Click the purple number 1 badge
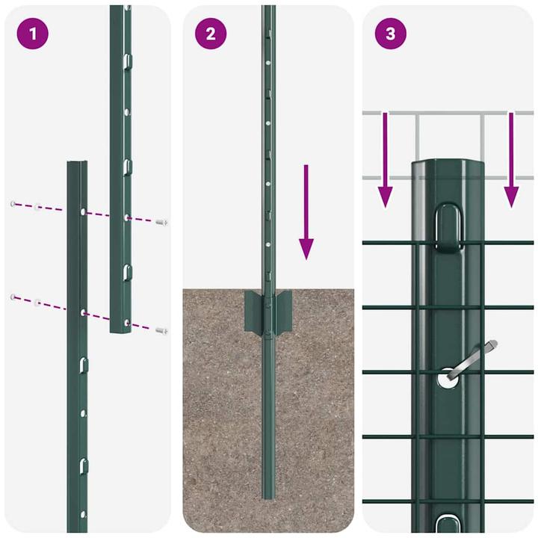[x=32, y=34]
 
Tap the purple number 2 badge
[x=211, y=34]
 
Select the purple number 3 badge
[x=390, y=34]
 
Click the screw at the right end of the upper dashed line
[x=161, y=222]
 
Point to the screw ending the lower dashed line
[x=161, y=330]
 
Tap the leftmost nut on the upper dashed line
[x=13, y=203]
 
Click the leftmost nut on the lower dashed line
[x=13, y=297]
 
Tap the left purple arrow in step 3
[x=385, y=160]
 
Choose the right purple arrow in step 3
[x=511, y=160]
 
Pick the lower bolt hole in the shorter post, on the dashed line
[x=81, y=311]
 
